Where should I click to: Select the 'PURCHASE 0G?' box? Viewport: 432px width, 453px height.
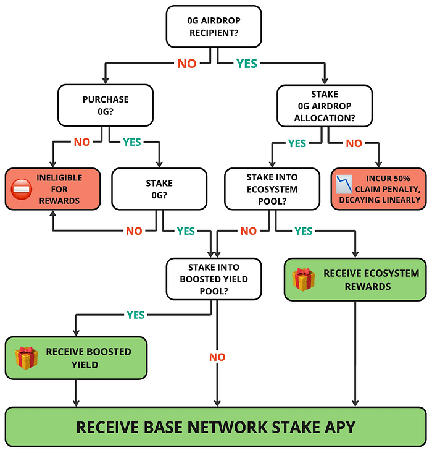(x=105, y=105)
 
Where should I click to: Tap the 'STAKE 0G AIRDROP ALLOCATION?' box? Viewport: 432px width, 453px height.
(x=325, y=105)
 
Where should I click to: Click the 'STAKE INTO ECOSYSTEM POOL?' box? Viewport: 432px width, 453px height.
(x=272, y=188)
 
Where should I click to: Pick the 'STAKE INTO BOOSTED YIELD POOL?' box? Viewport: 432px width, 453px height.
(x=214, y=279)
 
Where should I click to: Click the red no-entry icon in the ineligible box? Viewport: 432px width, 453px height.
(x=22, y=189)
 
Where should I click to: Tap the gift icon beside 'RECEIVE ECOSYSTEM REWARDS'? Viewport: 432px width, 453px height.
(x=304, y=279)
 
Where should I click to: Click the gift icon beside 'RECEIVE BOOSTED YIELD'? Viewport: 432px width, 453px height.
(x=27, y=358)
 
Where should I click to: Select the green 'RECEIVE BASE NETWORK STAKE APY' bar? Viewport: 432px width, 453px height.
(x=216, y=426)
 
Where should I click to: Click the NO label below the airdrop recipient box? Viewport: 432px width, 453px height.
(x=187, y=64)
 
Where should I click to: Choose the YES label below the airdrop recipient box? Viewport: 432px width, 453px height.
(x=246, y=64)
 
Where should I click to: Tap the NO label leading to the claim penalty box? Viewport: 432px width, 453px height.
(x=354, y=143)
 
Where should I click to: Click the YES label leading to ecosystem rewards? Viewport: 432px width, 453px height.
(x=303, y=231)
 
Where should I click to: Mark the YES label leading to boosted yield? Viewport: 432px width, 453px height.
(x=136, y=315)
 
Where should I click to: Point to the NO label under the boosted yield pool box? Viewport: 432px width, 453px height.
(x=217, y=357)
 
